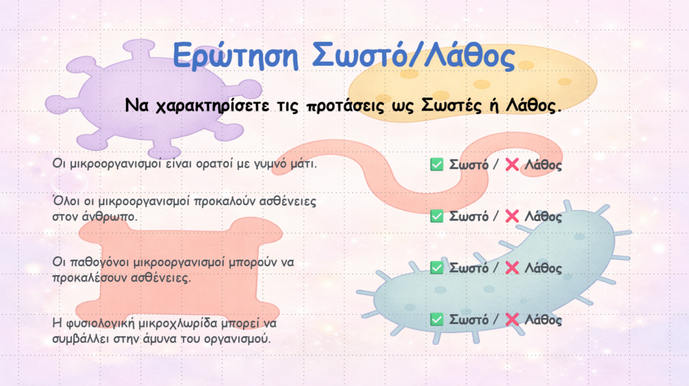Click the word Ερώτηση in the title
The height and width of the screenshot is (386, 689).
[235, 56]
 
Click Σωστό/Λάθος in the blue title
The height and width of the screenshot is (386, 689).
[414, 55]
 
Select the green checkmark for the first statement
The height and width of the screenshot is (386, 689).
[437, 165]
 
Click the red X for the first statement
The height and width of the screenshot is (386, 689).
[512, 165]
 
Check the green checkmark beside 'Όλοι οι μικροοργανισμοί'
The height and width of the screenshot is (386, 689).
[437, 216]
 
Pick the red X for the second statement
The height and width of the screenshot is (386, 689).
[512, 216]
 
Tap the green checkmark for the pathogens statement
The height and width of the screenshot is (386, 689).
[437, 268]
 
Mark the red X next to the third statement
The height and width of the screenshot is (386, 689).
[512, 268]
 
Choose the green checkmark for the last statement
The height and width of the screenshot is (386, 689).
[437, 319]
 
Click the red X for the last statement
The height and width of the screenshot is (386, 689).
[512, 319]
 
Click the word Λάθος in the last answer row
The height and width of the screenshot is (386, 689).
[543, 319]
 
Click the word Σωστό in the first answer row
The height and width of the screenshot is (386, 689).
[468, 165]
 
